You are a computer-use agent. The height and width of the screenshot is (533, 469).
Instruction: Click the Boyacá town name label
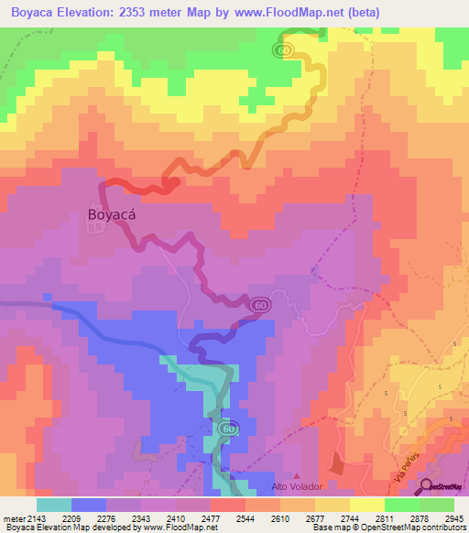pos(115,214)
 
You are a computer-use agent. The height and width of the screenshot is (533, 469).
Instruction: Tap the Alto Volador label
pos(293,486)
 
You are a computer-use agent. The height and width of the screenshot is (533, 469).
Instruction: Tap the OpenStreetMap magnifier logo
pos(427,487)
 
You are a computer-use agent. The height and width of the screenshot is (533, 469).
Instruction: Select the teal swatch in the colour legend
pos(54,505)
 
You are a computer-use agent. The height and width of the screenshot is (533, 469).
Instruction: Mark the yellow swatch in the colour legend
pos(366,505)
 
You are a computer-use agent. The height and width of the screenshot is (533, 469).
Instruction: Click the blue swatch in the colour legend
pos(89,505)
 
